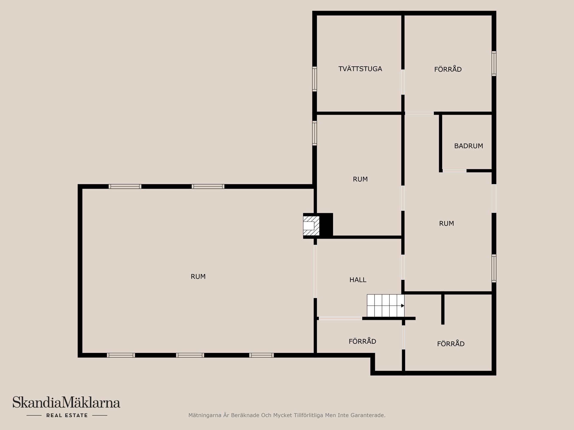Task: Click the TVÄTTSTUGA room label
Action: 360,69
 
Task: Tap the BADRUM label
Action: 468,146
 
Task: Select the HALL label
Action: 358,280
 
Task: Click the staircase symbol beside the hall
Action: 386,305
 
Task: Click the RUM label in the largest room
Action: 198,277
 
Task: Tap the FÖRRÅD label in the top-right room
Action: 448,69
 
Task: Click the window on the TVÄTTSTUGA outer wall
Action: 315,79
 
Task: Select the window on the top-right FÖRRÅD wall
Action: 494,63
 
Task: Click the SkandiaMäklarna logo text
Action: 66,403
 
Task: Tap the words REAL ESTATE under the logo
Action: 67,415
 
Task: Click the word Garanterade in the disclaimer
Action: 370,415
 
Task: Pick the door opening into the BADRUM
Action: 454,171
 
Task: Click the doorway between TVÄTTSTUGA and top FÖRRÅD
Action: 403,82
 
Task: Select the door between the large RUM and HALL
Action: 315,271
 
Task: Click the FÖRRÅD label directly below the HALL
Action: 362,341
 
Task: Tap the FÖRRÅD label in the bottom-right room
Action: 451,344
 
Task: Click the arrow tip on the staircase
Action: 404,305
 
